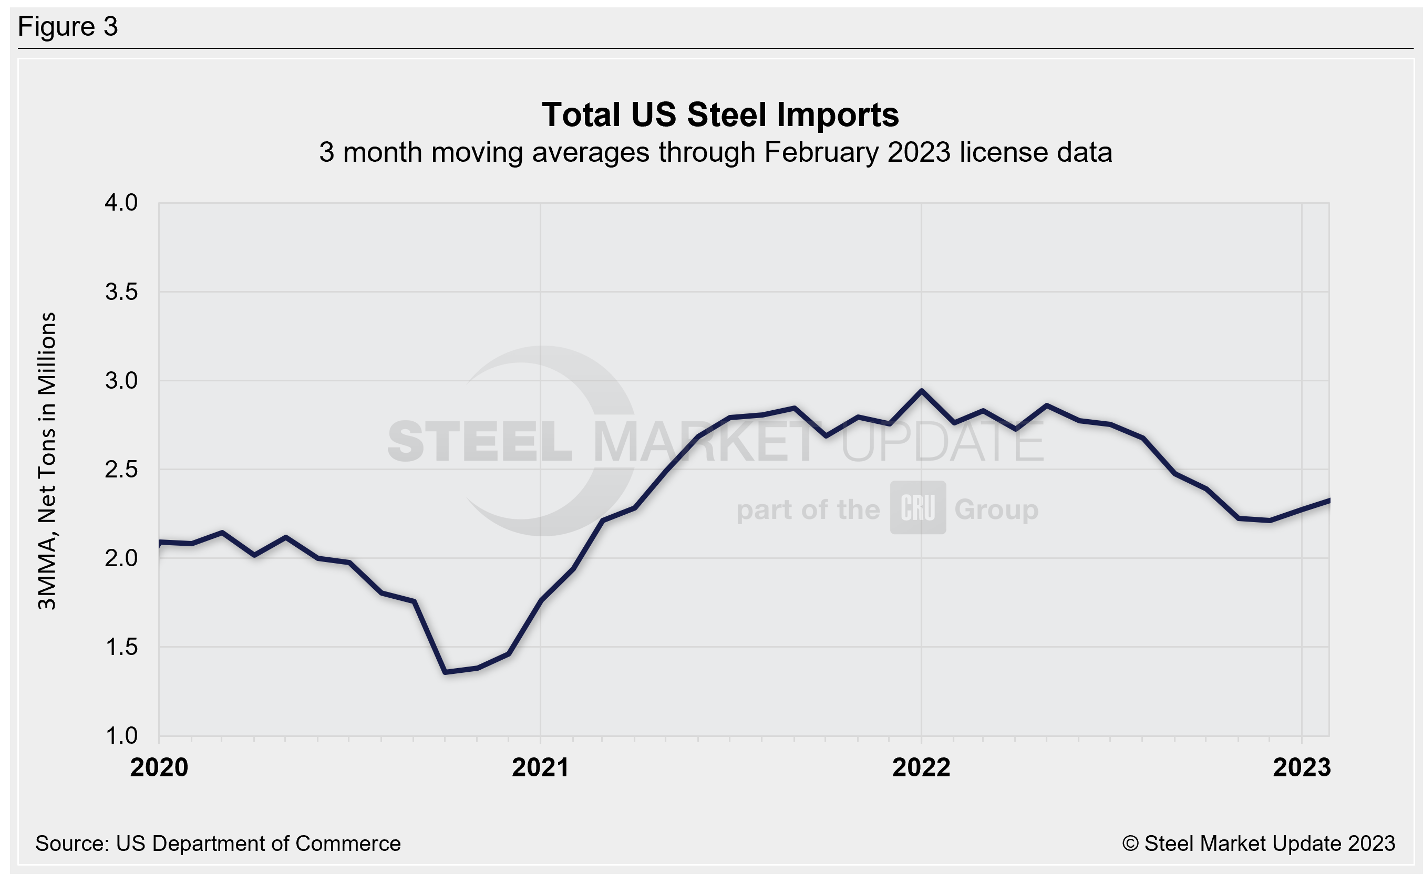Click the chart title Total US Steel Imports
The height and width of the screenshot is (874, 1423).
point(720,115)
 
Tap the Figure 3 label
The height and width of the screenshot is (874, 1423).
point(68,27)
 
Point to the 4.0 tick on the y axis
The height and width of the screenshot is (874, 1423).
point(121,203)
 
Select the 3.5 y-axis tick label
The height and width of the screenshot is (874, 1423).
point(121,292)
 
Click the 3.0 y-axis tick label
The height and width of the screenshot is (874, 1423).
point(121,381)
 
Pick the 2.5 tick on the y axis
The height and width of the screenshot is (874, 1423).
point(121,470)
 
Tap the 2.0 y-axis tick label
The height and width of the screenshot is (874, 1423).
point(121,558)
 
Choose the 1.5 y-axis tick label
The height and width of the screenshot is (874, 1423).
point(121,647)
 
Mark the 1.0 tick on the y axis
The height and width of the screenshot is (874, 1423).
point(121,736)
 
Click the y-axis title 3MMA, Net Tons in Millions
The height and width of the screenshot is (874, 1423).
point(47,461)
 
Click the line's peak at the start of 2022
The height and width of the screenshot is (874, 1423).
point(921,391)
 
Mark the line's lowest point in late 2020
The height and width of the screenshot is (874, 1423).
point(445,672)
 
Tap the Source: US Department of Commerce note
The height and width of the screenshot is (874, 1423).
point(218,844)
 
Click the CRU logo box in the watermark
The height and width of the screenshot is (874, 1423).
point(917,507)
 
